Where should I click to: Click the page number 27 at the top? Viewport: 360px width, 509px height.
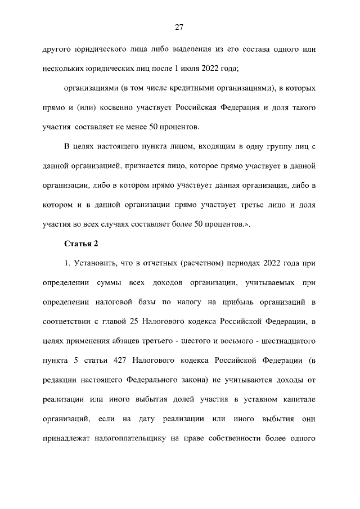click(x=179, y=27)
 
